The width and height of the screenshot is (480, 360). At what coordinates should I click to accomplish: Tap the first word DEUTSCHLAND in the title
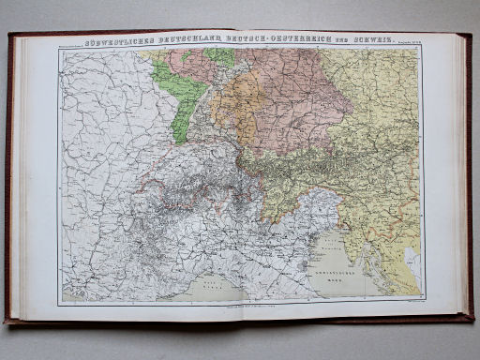coord(195,41)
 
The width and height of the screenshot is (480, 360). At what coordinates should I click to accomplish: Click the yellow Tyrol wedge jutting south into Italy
coord(281,192)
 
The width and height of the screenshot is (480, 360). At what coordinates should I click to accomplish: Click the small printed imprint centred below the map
coord(239,307)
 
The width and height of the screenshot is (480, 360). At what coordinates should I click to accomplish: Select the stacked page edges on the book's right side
coord(463,178)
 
